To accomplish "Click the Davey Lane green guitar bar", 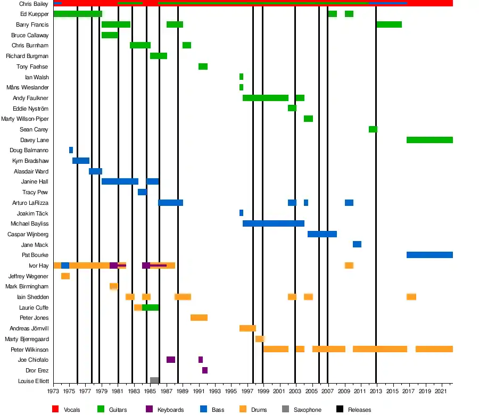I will (x=430, y=140).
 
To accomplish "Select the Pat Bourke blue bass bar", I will (x=430, y=255).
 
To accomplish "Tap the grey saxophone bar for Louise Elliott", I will (x=154, y=380).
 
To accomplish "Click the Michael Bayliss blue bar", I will (x=274, y=223).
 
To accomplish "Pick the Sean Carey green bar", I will (x=373, y=129).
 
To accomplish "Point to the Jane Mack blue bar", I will (x=357, y=244).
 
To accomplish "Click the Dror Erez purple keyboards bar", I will (x=205, y=370).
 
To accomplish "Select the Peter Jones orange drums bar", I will (x=199, y=318).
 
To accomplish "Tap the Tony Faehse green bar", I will (x=203, y=67).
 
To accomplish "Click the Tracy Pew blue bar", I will (x=142, y=192).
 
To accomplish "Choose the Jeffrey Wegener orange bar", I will (x=65, y=276).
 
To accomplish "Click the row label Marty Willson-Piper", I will (x=25, y=119).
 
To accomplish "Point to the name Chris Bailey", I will (x=34, y=4).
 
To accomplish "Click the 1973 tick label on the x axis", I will (x=53, y=392).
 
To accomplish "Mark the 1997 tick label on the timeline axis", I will (x=247, y=392).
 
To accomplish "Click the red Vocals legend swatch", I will (x=55, y=410).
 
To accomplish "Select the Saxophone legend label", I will (x=308, y=410).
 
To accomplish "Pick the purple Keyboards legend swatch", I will (x=148, y=410).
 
